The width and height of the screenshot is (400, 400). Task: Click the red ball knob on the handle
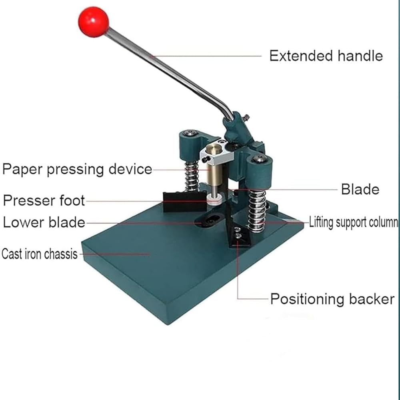coord(93,22)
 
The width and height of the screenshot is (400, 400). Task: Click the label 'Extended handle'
coord(326,56)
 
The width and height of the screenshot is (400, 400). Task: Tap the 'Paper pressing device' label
coord(77,169)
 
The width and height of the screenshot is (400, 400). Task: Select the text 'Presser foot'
coord(44,200)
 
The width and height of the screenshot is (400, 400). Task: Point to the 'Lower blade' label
coord(44,222)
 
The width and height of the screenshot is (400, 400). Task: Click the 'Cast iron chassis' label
coord(40,254)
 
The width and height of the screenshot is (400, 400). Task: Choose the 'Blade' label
coord(360,190)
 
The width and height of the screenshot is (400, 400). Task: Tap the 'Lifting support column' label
coord(353,222)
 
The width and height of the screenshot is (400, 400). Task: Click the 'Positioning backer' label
coord(332,299)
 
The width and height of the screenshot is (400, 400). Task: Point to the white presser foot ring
coord(214,199)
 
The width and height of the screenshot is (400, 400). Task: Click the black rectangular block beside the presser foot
coord(184,202)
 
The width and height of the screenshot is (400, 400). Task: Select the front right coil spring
coord(257,211)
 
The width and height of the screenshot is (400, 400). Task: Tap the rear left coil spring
coord(192,176)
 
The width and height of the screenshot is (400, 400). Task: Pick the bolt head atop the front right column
coord(259,159)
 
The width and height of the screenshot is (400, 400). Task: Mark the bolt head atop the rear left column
coord(191,133)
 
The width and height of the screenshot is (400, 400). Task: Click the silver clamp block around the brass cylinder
coord(217,154)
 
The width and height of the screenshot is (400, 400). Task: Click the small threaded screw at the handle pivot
coord(246,118)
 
